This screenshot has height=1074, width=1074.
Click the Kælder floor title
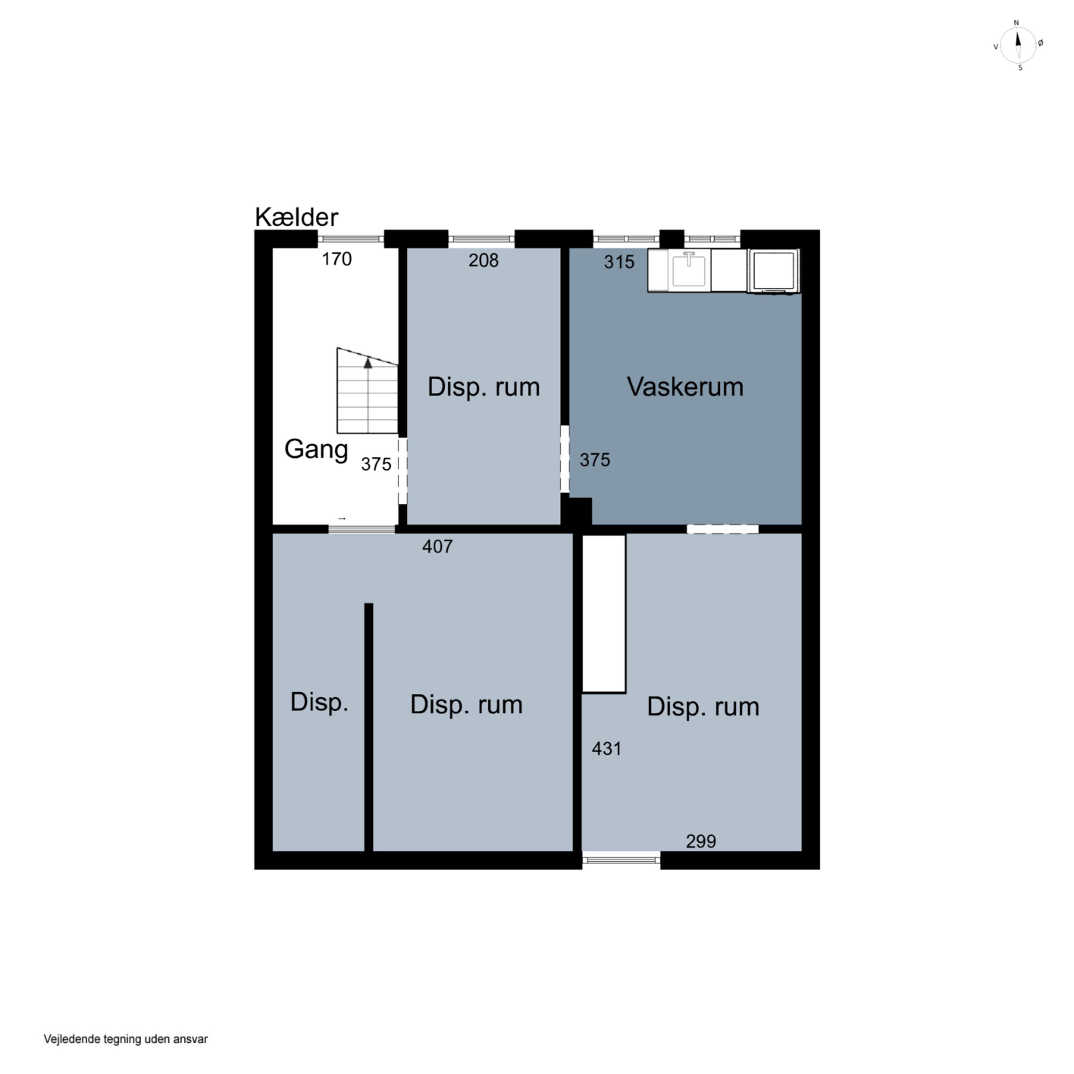296,217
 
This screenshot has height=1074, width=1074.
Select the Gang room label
316,449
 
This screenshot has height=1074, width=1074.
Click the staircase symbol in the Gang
367,391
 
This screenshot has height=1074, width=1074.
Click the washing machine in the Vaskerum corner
774,270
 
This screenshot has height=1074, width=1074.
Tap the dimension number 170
337,259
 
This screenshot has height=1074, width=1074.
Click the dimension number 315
619,262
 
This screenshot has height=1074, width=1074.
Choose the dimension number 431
606,749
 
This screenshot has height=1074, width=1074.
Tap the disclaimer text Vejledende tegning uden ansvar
126,1039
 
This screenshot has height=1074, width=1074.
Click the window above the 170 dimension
351,239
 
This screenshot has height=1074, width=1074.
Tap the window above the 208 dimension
482,239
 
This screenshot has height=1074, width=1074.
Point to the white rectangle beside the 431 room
604,614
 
